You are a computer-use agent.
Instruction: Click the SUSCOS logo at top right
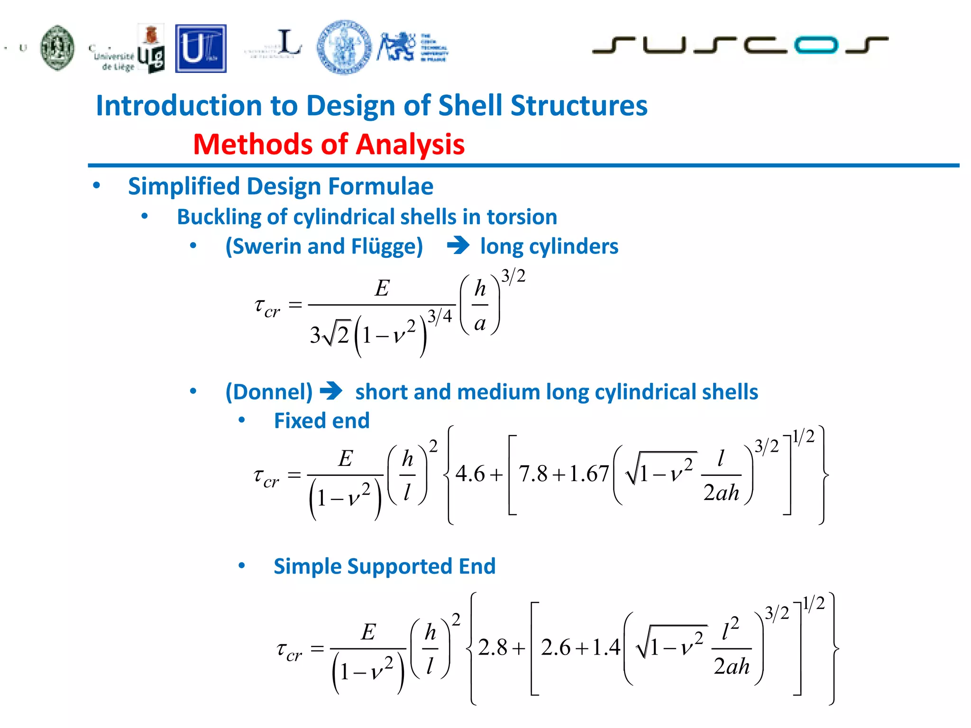pos(740,45)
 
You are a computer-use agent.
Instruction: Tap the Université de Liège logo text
pos(114,61)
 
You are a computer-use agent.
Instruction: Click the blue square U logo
pos(201,49)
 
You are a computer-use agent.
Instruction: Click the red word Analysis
pos(410,144)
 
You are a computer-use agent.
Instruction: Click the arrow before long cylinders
pos(458,246)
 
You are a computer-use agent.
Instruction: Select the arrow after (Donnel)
pos(331,391)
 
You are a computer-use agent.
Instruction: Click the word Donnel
pos(269,392)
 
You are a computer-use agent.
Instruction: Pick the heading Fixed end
pos(321,421)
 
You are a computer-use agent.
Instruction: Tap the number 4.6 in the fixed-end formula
pos(470,473)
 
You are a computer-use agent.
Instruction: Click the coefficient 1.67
pos(588,473)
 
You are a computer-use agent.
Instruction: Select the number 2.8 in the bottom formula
pos(493,647)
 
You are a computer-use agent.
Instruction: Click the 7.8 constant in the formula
pos(533,473)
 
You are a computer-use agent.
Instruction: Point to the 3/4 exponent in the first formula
pos(440,316)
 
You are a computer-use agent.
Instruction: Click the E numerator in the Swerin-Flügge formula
pos(382,288)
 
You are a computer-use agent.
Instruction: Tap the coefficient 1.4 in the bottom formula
pos(606,647)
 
